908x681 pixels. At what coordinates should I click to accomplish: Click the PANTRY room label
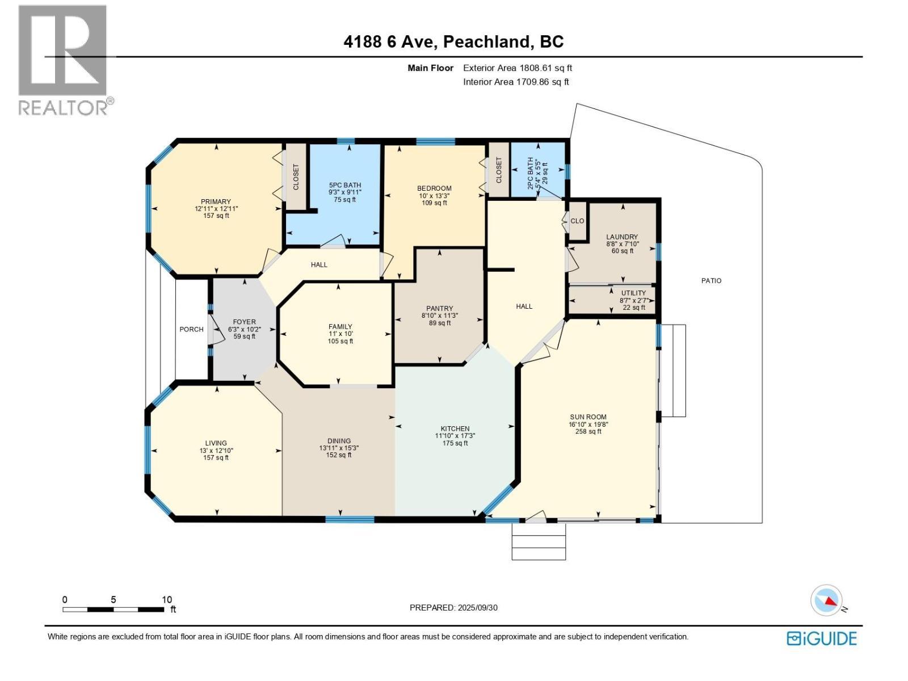[x=440, y=309]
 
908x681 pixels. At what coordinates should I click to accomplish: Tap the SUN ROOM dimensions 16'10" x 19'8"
[x=588, y=424]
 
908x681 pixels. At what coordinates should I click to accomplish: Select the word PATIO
[x=711, y=280]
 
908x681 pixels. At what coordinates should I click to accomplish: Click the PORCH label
[x=191, y=329]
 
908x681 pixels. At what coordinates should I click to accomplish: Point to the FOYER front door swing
[x=215, y=330]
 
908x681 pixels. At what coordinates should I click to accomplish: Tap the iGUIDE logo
[x=822, y=638]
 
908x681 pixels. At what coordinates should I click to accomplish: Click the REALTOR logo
[x=63, y=60]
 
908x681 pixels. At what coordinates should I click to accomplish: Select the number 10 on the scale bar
[x=167, y=599]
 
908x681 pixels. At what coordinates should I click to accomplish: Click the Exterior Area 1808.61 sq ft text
[x=517, y=68]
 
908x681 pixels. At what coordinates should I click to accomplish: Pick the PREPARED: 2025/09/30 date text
[x=453, y=607]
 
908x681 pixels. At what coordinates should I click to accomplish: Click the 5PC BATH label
[x=345, y=185]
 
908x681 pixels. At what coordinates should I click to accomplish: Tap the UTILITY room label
[x=633, y=293]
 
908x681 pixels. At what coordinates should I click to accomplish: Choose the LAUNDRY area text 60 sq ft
[x=622, y=251]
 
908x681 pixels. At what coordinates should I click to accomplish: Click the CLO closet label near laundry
[x=577, y=221]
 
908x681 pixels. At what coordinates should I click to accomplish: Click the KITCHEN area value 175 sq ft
[x=455, y=443]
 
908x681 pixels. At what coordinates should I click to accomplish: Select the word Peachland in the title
[x=487, y=41]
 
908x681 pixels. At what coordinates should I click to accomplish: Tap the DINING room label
[x=339, y=441]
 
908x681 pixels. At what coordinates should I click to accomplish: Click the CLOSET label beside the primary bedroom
[x=296, y=177]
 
